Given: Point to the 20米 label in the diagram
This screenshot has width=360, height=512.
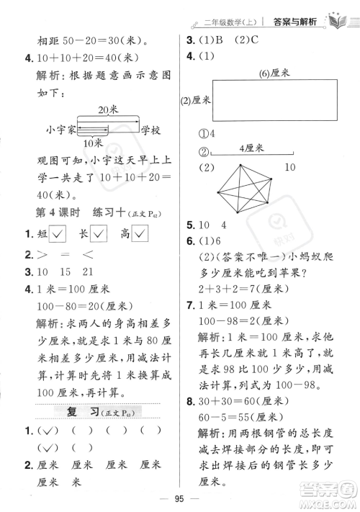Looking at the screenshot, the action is click(107, 109).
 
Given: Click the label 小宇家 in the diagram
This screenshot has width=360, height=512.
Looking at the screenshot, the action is click(60, 131).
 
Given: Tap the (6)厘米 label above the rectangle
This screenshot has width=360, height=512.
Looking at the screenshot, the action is click(274, 73).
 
